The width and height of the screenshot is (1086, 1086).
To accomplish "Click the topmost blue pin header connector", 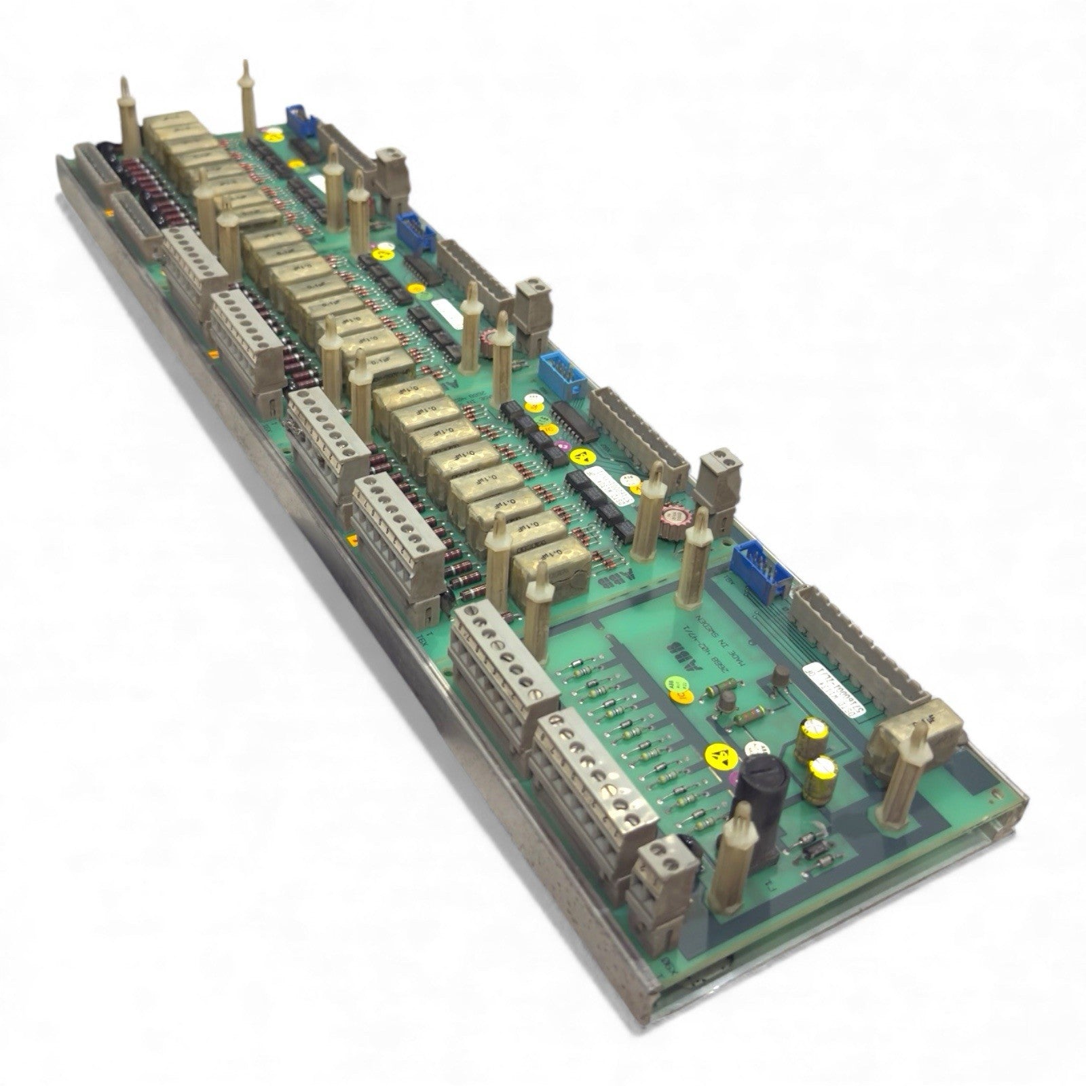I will tap(300, 126).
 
